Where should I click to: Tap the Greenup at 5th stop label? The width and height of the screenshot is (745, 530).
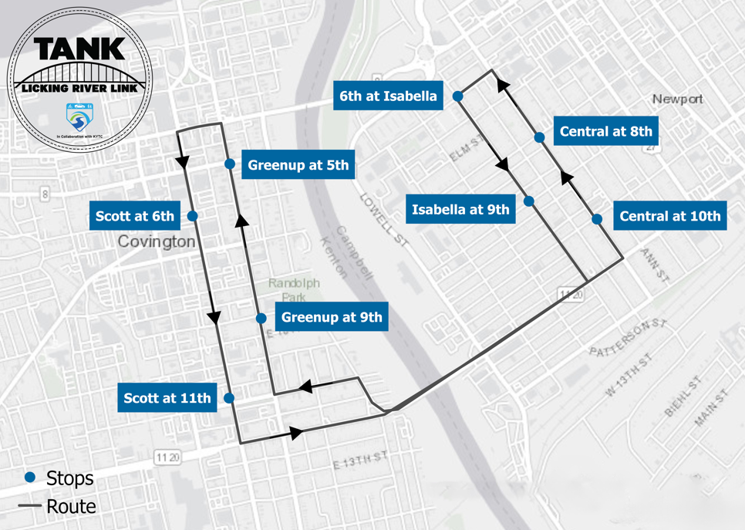click(298, 164)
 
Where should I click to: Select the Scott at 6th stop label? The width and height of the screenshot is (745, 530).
click(135, 216)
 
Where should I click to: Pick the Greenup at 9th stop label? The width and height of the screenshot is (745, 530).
click(332, 317)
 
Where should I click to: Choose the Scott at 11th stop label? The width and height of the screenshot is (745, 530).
click(167, 398)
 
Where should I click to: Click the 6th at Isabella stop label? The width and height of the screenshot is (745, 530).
click(388, 96)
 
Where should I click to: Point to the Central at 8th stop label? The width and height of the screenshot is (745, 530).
click(606, 131)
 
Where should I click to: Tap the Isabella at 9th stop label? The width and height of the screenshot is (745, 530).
click(460, 209)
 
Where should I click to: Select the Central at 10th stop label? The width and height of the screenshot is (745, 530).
click(670, 216)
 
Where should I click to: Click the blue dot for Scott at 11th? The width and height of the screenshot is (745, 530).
click(229, 398)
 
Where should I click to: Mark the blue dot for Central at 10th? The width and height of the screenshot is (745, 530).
click(597, 219)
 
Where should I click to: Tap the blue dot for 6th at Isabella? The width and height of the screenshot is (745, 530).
click(457, 96)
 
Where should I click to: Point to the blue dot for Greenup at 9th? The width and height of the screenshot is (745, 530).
click(261, 318)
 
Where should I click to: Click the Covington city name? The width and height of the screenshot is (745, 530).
click(157, 241)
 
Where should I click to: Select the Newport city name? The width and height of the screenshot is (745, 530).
click(677, 99)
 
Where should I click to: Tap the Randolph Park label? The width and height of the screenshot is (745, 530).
click(288, 290)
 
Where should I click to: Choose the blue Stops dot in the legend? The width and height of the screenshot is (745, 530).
click(30, 478)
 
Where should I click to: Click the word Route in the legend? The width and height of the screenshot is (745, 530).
click(71, 506)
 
